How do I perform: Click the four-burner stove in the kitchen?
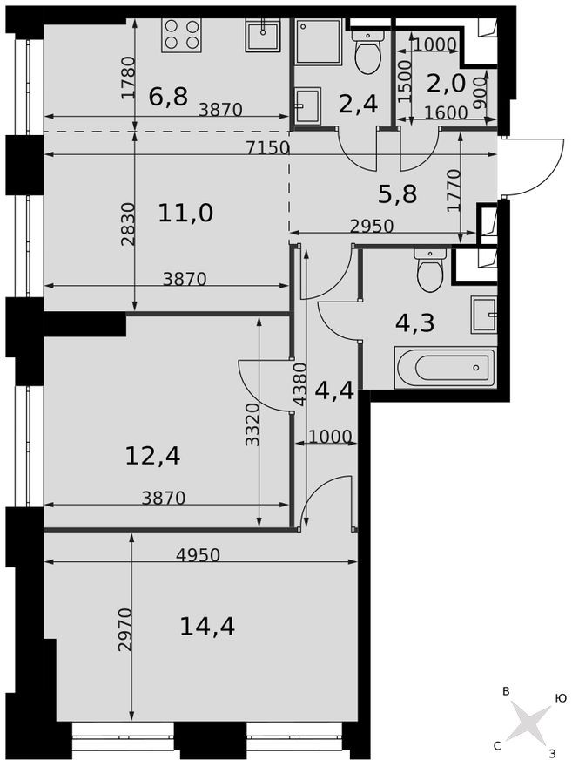pyautogui.click(x=182, y=36)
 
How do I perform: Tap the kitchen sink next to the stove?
pyautogui.click(x=262, y=37)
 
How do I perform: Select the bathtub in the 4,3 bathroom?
pyautogui.click(x=445, y=368)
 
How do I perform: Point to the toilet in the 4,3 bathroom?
pyautogui.click(x=430, y=270)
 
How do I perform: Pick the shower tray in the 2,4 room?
pyautogui.click(x=318, y=41)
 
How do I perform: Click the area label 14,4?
pyautogui.click(x=207, y=626)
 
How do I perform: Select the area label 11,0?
pyautogui.click(x=185, y=212)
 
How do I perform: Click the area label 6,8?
pyautogui.click(x=168, y=96)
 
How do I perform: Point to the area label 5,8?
pyautogui.click(x=397, y=193)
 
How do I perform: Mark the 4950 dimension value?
pyautogui.click(x=198, y=554)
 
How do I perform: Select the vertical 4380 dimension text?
pyautogui.click(x=299, y=384)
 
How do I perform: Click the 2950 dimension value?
pyautogui.click(x=372, y=226)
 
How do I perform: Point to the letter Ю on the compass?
pyautogui.click(x=561, y=698)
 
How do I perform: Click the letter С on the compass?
pyautogui.click(x=497, y=745)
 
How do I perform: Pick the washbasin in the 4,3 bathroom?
pyautogui.click(x=484, y=315)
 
